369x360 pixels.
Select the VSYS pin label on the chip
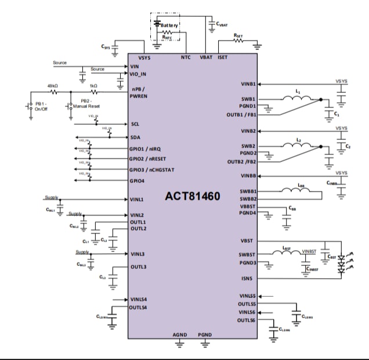tap(145, 57)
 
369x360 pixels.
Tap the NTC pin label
tap(186, 57)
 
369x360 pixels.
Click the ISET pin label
tap(223, 57)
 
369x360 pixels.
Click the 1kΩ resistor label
tap(93, 85)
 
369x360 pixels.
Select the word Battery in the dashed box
tap(169, 25)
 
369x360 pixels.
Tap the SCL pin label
tap(135, 124)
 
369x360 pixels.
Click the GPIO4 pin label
tap(138, 181)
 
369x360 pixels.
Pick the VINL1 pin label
tap(137, 199)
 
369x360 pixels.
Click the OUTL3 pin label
tap(138, 267)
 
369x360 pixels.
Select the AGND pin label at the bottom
tap(180, 336)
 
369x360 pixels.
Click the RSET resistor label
tap(238, 35)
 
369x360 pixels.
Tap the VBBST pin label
tap(248, 207)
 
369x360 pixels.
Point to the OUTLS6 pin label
tap(247, 320)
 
